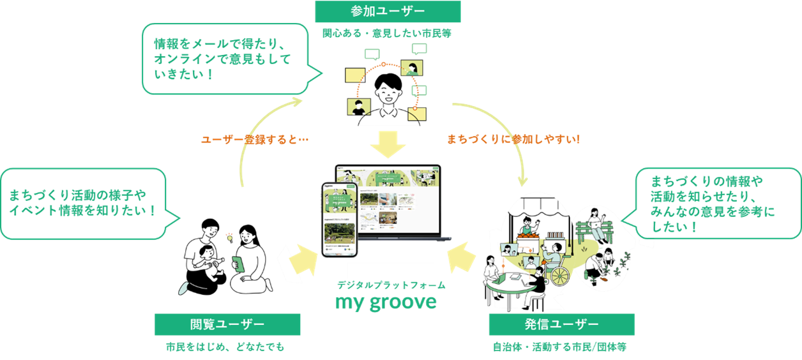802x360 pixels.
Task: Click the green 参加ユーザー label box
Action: [388, 11]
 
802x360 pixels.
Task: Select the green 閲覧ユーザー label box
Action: [227, 324]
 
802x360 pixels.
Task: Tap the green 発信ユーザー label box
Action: [561, 324]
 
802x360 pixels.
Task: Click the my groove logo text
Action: [386, 302]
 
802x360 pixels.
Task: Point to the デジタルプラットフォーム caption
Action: [391, 285]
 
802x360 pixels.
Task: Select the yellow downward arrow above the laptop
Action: [388, 145]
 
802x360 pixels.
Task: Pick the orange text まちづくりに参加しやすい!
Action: [514, 139]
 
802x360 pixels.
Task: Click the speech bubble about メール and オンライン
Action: [223, 59]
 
